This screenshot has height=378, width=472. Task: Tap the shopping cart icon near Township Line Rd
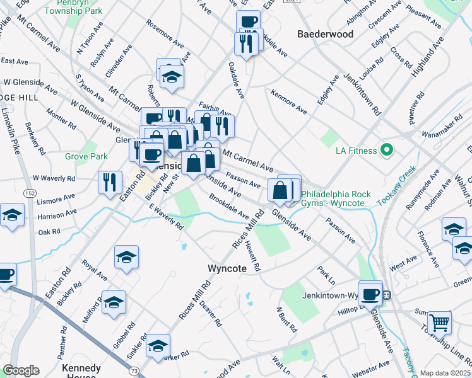pyautogui.click(x=439, y=323)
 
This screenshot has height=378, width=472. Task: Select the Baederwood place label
pyautogui.click(x=325, y=34)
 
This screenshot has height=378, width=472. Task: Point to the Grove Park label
pyautogui.click(x=86, y=156)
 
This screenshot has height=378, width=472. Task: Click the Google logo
pyautogui.click(x=21, y=370)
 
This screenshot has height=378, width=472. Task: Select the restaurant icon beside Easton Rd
pyautogui.click(x=110, y=182)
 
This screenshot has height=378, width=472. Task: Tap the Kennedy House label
pyautogui.click(x=81, y=372)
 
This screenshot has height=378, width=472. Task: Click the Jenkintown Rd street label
pyautogui.click(x=362, y=95)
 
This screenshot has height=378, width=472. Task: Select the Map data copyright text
pyautogui.click(x=445, y=373)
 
